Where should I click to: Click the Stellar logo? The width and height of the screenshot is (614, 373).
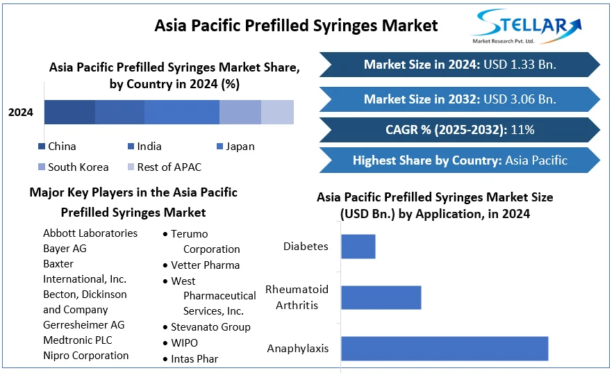526,26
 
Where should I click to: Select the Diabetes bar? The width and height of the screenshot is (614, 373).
358,247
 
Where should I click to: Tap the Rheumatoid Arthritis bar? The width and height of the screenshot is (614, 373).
381,297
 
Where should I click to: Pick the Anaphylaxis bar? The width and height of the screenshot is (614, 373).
445,349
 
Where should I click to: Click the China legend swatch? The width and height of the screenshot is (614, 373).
42,147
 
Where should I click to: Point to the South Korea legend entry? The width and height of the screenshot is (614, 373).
73,167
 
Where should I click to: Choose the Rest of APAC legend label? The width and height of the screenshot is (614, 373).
169,167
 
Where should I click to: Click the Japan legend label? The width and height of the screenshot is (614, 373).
240,147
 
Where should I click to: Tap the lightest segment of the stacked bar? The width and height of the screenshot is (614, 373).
277,113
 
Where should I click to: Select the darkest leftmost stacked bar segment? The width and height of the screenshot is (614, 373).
69,113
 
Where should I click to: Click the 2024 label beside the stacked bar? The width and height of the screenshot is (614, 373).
21,113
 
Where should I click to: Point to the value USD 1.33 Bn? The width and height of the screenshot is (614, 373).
520,65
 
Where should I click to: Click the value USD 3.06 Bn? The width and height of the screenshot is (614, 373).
520,99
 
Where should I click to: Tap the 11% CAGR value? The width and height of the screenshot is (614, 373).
523,130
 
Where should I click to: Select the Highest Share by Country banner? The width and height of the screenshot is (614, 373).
460,160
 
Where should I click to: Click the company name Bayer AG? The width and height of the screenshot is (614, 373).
65,249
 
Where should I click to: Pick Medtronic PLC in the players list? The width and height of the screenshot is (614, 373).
78,340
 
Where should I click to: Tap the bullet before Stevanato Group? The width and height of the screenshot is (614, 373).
165,327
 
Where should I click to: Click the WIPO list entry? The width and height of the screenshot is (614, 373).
185,343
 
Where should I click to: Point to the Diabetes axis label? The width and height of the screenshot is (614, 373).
306,246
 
